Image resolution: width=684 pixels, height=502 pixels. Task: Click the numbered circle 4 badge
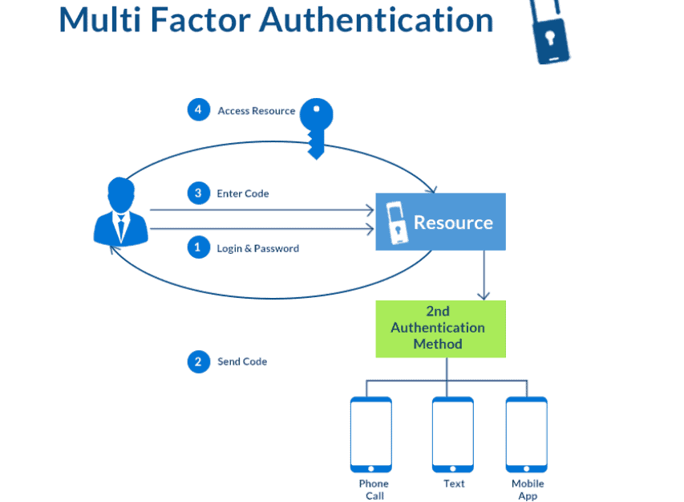coord(198,110)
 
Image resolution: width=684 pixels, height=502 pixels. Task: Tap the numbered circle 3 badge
coord(198,194)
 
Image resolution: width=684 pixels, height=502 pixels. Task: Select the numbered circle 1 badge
coord(198,248)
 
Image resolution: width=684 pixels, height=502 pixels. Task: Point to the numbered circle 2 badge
coord(198,361)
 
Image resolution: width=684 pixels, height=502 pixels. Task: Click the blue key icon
coord(316,124)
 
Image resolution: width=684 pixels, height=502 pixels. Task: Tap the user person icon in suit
coord(120,212)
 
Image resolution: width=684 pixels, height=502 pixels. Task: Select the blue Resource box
coord(440,222)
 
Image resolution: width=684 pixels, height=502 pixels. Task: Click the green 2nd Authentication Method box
coord(440,329)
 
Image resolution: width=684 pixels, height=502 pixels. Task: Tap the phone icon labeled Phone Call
coord(371,434)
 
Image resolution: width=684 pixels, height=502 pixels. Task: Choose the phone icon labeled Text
coord(452,434)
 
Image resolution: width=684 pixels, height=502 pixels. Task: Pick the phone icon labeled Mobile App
coord(527,434)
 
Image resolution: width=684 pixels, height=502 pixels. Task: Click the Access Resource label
coord(257,111)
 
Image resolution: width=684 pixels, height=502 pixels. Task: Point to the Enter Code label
coord(243,194)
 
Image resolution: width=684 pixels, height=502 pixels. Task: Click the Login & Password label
coord(257,249)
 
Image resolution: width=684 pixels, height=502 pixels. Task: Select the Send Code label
coord(242,361)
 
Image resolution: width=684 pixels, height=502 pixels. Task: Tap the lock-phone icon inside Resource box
coord(395,222)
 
